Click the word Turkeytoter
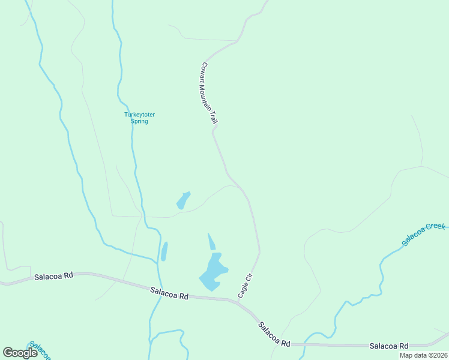[x=136, y=115]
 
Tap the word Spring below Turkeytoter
[x=139, y=121]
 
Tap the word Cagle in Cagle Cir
[x=242, y=291]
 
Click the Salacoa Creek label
[x=424, y=235]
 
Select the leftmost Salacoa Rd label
[x=53, y=277]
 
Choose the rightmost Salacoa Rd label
[x=389, y=346]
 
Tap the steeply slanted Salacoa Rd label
[x=274, y=335]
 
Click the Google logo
[x=20, y=353]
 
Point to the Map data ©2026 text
[x=423, y=355]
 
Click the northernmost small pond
[x=183, y=200]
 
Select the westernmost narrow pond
[x=164, y=251]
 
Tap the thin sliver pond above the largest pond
[x=211, y=242]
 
